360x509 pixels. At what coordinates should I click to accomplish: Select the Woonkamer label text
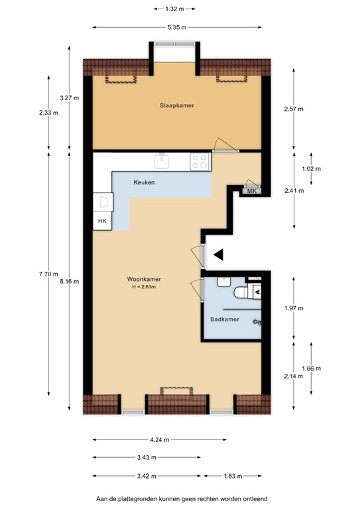click(144, 279)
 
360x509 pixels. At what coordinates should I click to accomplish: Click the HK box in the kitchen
click(101, 221)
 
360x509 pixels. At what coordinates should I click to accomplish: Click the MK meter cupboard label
click(251, 191)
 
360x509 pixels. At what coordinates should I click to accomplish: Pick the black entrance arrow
click(218, 254)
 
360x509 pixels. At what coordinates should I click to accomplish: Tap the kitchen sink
click(162, 160)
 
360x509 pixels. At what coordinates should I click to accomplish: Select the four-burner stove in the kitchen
click(200, 160)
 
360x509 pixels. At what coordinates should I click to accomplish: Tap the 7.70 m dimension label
click(48, 274)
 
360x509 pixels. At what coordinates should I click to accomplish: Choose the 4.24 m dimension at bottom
click(159, 439)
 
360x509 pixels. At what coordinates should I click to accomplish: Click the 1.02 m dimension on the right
click(311, 168)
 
